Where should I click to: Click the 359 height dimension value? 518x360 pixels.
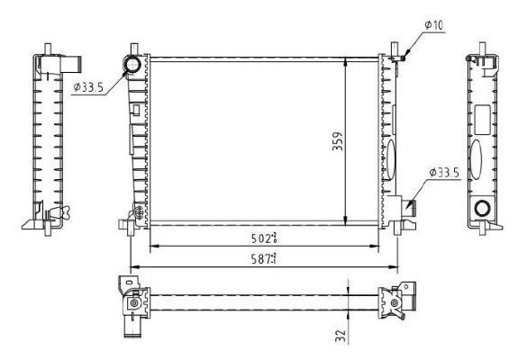pos(337,142)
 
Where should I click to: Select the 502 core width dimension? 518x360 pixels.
pos(263,238)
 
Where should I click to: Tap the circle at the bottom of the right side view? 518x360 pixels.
pos(482,210)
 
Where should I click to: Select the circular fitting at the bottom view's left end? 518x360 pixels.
pos(133,303)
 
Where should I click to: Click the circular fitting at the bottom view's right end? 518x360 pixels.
pos(395,303)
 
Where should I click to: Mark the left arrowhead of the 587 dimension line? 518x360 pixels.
pos(134,267)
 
